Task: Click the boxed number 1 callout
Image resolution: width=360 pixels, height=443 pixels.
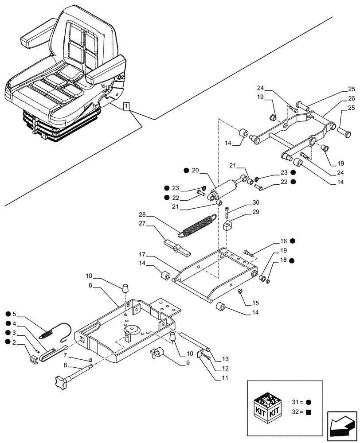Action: click(x=127, y=106)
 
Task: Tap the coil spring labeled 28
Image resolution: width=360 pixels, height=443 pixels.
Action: click(x=198, y=224)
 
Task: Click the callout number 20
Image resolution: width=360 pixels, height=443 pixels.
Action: click(x=196, y=171)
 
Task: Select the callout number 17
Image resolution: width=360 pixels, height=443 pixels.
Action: click(x=142, y=255)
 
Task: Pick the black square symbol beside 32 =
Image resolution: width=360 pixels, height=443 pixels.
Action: click(x=308, y=412)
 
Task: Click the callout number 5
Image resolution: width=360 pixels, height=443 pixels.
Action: click(x=14, y=314)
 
